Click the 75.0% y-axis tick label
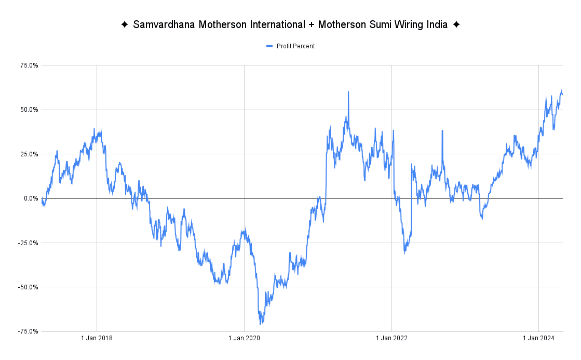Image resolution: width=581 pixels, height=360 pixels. coord(30,65)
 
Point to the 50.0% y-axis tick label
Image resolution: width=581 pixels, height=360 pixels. coord(30,110)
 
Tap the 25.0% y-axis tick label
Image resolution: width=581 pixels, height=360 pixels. coord(30,154)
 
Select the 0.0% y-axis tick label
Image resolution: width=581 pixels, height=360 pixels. coord(31,198)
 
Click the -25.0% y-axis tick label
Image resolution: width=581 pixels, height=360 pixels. coord(29,243)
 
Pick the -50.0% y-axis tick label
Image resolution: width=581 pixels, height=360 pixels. coord(29,287)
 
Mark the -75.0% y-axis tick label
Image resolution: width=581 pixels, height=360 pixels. coord(29,331)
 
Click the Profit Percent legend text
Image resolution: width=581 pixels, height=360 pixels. coord(295,46)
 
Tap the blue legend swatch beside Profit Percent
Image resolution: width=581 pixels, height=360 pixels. coord(269,46)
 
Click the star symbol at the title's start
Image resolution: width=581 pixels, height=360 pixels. coord(125,25)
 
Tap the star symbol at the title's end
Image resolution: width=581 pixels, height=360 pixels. coord(456,25)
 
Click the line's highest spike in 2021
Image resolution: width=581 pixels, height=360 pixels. coord(348,92)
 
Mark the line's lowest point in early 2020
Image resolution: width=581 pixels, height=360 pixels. coord(261,324)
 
